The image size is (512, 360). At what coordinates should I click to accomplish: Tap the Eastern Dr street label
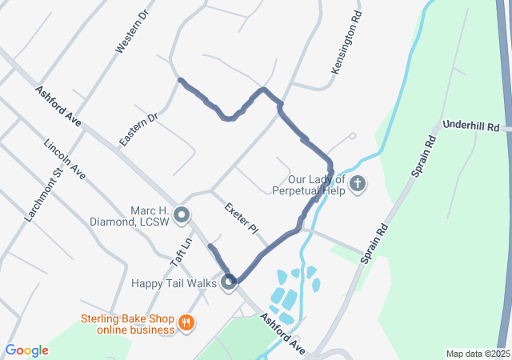point(139,128)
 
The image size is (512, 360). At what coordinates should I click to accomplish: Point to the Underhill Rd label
point(471,126)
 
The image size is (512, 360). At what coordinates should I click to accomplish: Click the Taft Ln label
point(181,252)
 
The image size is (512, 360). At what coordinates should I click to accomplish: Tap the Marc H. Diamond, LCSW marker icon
point(182,214)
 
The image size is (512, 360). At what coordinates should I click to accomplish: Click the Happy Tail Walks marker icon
point(230,282)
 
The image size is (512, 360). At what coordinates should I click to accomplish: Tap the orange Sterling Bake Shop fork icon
point(186,323)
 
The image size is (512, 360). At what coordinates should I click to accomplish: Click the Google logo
point(26,350)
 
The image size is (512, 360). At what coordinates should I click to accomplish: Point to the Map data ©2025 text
point(477,354)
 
